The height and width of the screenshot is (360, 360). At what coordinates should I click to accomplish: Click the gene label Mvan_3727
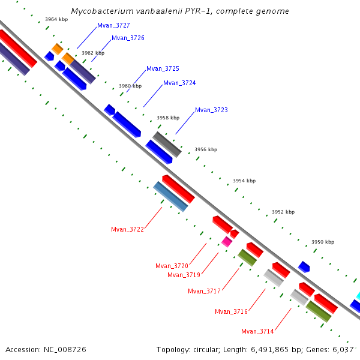coord(113,26)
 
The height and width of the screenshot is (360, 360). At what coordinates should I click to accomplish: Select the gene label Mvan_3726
coord(128,38)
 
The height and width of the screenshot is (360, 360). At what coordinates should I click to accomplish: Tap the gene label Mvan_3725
coord(163,69)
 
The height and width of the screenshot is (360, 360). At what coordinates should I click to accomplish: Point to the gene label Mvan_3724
coord(179,83)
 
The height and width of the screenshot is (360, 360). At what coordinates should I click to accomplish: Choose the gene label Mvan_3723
coord(211,110)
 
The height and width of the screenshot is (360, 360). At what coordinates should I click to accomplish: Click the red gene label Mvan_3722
coord(127,229)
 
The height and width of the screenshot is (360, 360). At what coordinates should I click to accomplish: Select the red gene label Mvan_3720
coord(172,266)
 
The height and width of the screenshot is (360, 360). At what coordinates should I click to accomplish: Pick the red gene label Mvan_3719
coord(184,275)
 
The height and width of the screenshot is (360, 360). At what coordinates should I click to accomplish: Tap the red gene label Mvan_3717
coord(204,292)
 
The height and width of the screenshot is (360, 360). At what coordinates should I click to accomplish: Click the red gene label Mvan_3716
coord(231,311)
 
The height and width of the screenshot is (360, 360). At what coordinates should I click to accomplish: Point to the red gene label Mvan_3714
coord(257,331)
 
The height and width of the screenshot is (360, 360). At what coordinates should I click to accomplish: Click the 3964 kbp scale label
coord(56,20)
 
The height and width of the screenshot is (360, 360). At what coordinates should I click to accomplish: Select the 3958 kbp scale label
coord(168,118)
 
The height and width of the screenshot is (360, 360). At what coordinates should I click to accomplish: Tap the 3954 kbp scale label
coord(244,181)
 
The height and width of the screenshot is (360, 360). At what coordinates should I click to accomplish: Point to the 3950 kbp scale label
coord(323,242)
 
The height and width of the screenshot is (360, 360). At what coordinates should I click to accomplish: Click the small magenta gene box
coord(226,242)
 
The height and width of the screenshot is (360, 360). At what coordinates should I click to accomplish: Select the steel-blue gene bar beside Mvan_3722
coord(171,197)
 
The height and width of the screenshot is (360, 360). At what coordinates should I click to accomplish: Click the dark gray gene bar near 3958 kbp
coord(167,144)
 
